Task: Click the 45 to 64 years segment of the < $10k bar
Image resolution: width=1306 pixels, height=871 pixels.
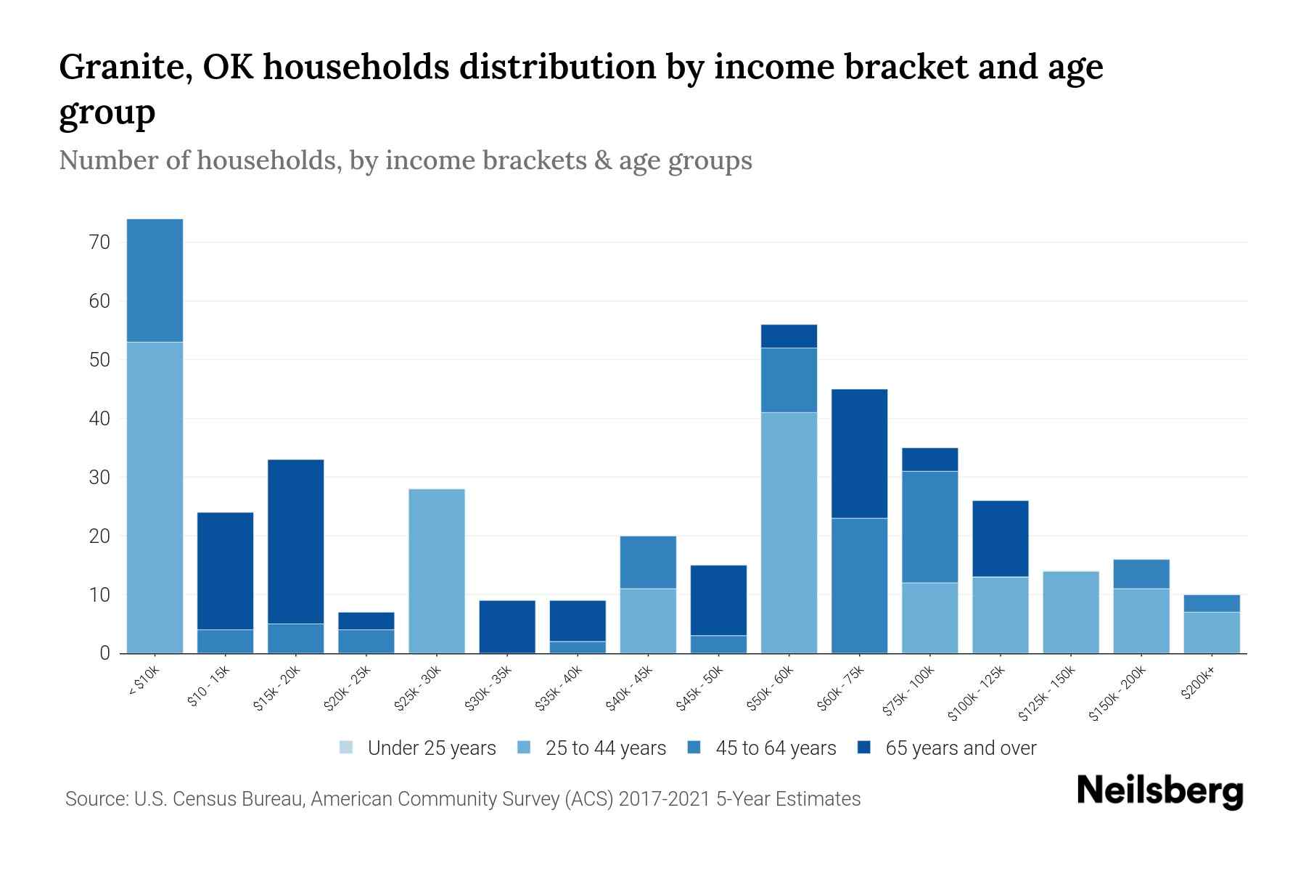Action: pyautogui.click(x=155, y=280)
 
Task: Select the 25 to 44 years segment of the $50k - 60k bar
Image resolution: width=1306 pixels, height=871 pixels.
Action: pyautogui.click(x=789, y=533)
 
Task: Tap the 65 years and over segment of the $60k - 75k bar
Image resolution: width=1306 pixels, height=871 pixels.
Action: pyautogui.click(x=859, y=454)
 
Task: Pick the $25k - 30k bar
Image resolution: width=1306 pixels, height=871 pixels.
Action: pyautogui.click(x=437, y=571)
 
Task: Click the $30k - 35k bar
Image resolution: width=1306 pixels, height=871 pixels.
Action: pyautogui.click(x=507, y=626)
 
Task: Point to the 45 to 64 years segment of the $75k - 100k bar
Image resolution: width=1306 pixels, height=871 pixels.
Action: pyautogui.click(x=929, y=527)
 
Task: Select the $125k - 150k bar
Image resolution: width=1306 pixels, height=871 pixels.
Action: pyautogui.click(x=1070, y=612)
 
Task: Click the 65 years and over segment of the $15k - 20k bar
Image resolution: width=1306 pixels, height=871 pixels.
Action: pyautogui.click(x=295, y=541)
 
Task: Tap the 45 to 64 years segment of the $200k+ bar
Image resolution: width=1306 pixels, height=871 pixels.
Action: pyautogui.click(x=1212, y=603)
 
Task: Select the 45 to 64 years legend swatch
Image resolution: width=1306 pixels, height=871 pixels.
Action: pyautogui.click(x=694, y=748)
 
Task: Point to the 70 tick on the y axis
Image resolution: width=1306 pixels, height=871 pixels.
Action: pyautogui.click(x=99, y=242)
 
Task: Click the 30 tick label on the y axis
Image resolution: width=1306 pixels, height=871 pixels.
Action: pyautogui.click(x=99, y=478)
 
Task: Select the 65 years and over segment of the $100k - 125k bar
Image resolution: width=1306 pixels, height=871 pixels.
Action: pyautogui.click(x=1000, y=539)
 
